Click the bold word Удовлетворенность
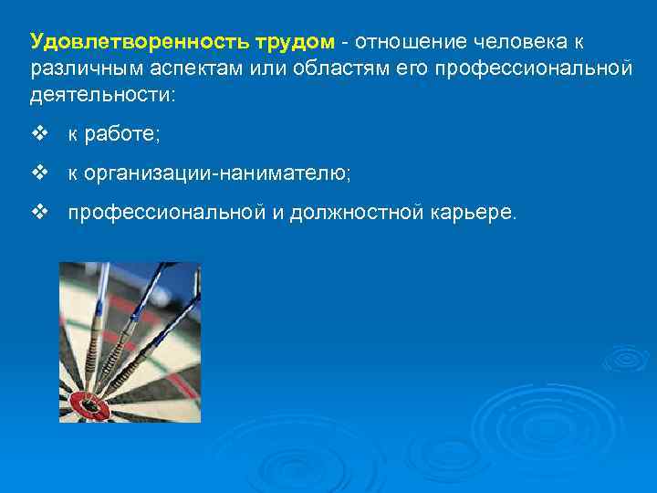(x=126, y=42)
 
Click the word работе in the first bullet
(x=120, y=135)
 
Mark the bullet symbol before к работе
(x=37, y=134)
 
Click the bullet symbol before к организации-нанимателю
(x=37, y=173)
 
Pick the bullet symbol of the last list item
(x=37, y=212)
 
